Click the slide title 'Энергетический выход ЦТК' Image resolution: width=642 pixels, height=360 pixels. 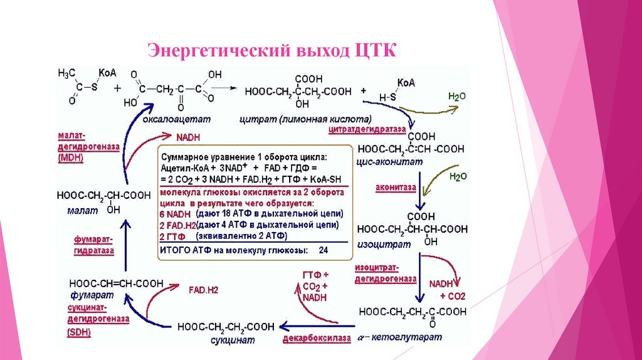click(271, 50)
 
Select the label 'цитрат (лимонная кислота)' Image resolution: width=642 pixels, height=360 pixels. click(305, 119)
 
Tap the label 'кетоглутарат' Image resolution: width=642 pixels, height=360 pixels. click(418, 337)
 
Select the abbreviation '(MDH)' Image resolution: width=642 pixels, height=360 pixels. click(70, 158)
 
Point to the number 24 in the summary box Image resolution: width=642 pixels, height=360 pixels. click(324, 250)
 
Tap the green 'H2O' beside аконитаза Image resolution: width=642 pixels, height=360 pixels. click(458, 177)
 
